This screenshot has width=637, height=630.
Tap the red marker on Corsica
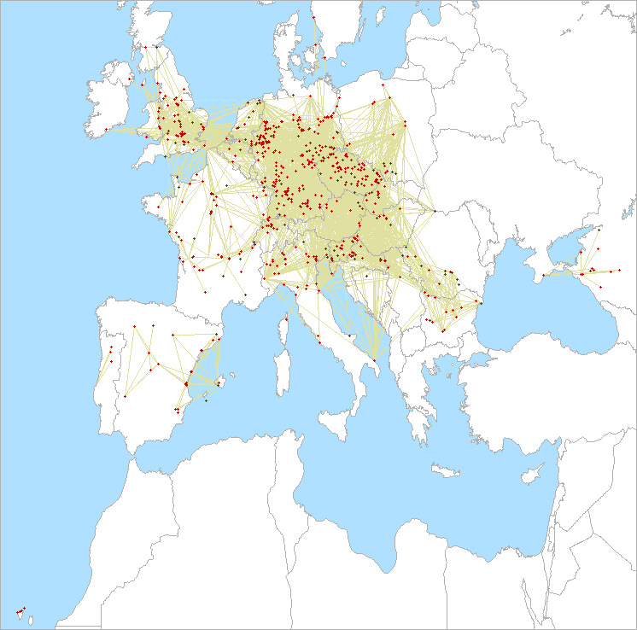(282, 322)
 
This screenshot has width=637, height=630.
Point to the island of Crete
(446, 470)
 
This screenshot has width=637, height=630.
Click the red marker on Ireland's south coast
(107, 130)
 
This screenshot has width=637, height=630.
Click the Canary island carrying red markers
(19, 612)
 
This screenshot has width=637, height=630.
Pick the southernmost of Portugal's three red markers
(99, 380)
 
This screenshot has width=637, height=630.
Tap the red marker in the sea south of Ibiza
(206, 400)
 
